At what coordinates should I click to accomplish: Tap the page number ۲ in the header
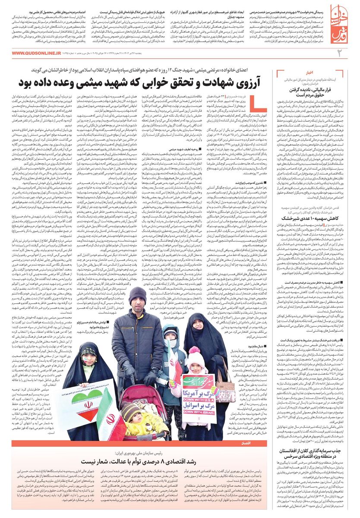pos(339,53)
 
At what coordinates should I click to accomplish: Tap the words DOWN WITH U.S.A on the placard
pos(199,400)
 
